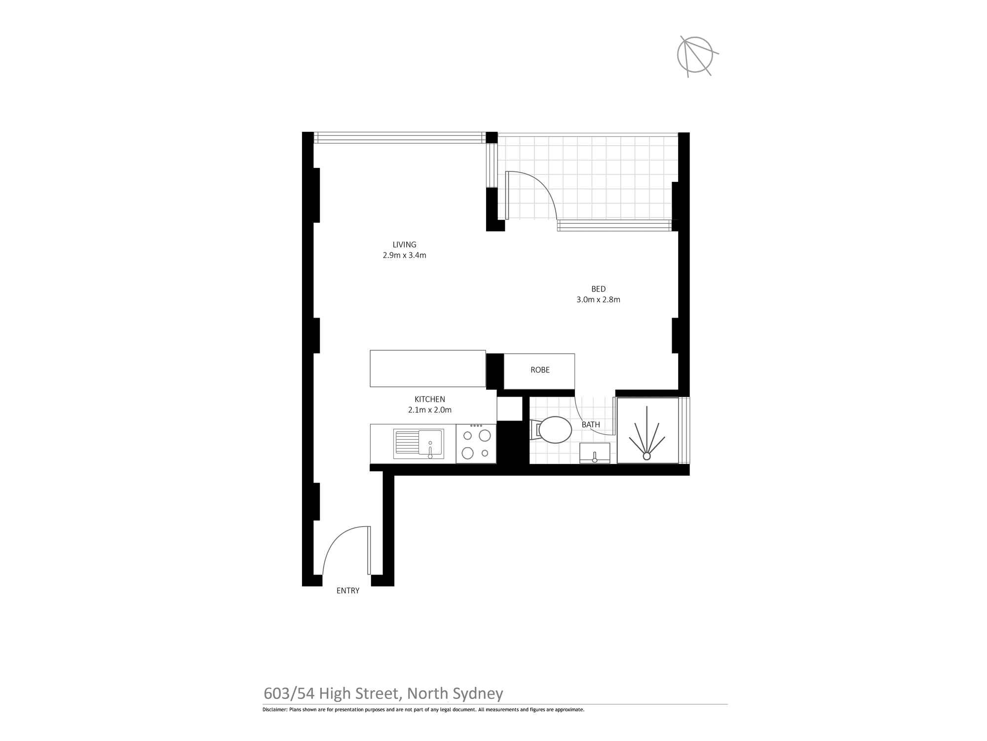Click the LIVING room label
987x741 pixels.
(x=404, y=245)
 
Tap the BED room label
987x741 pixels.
(x=598, y=289)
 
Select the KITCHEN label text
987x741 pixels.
(x=429, y=399)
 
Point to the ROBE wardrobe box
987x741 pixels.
(x=539, y=371)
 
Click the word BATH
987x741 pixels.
(x=591, y=425)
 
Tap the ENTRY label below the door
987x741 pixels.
(x=348, y=591)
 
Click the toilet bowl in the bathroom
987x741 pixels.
(x=555, y=430)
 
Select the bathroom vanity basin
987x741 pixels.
(x=595, y=453)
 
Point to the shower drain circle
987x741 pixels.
(x=646, y=456)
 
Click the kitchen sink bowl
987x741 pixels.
(x=430, y=442)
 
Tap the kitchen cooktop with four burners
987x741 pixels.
(x=476, y=444)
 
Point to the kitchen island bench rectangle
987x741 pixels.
(x=428, y=369)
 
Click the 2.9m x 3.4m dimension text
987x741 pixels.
(x=404, y=255)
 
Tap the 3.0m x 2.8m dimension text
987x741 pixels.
(x=598, y=299)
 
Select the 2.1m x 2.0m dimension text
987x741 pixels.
(x=429, y=410)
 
